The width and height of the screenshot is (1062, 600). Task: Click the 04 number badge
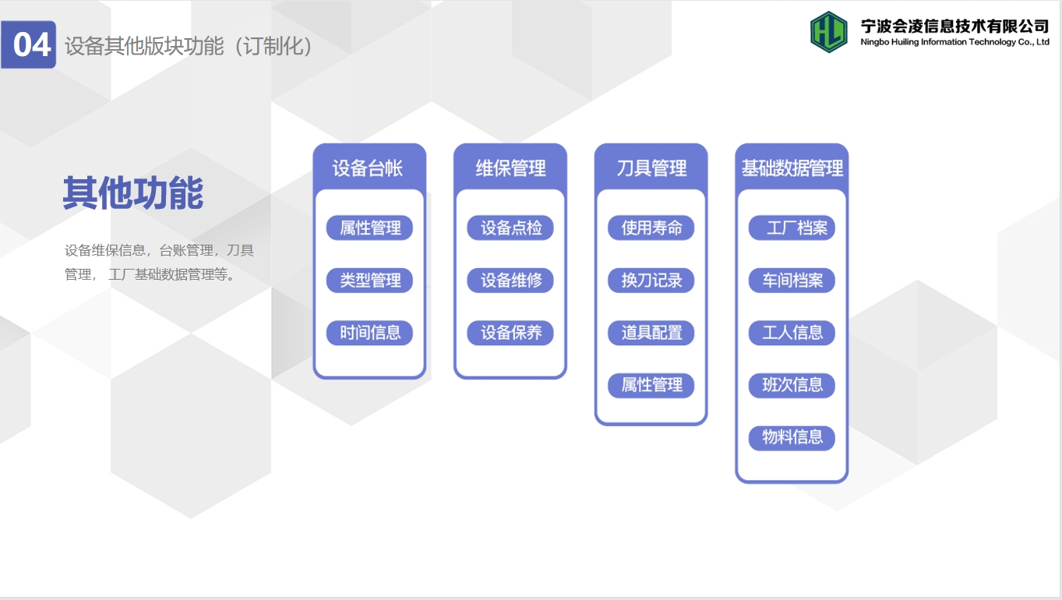pos(29,44)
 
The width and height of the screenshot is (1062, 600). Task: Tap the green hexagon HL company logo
pos(829,32)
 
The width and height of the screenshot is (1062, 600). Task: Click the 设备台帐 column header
pos(368,168)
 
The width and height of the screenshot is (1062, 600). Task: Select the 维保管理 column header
pos(510,168)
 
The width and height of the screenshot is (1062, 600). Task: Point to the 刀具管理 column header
pos(651,168)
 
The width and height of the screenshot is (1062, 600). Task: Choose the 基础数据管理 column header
pos(792,168)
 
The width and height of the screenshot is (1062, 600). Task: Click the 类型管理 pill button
pos(370,281)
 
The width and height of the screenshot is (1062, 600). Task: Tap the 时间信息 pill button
pos(370,333)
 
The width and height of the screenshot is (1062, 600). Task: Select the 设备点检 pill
pos(510,228)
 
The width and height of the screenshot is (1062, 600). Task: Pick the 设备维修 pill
pos(510,281)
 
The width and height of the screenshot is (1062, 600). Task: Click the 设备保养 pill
pos(510,333)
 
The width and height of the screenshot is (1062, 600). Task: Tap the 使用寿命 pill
pos(651,228)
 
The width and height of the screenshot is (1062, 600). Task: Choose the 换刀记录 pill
pos(651,281)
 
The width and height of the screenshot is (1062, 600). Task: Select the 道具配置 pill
pos(651,333)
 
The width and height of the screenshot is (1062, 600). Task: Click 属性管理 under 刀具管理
pos(651,385)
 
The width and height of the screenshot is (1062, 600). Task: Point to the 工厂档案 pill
pos(792,228)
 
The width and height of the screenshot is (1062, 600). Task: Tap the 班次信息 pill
pos(792,385)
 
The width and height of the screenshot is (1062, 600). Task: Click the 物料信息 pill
pos(792,437)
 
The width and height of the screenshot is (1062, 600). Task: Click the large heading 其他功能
pos(133,192)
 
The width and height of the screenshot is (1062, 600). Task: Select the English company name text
pos(954,42)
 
